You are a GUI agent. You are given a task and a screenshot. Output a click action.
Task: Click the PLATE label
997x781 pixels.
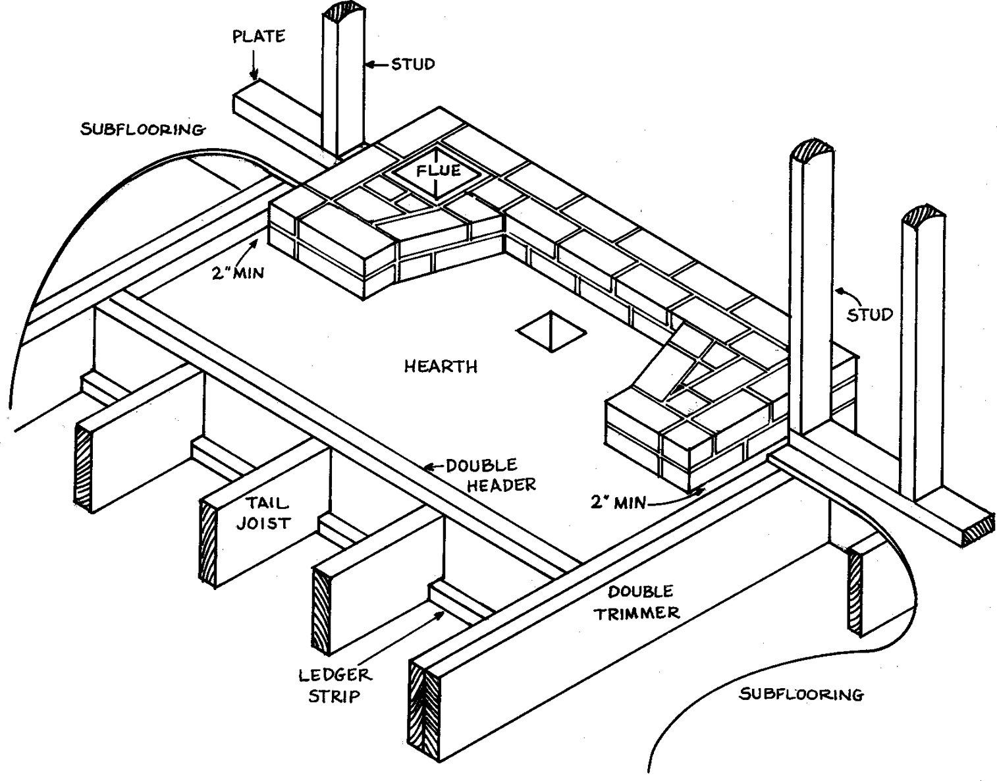point(259,36)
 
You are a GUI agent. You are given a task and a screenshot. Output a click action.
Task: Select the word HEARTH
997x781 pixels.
point(441,366)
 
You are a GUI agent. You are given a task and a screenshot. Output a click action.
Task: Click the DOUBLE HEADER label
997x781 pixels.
point(491,475)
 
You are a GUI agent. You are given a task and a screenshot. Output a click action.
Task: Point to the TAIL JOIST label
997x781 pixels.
point(267,514)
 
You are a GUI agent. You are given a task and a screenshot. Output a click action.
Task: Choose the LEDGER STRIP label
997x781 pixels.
point(335,685)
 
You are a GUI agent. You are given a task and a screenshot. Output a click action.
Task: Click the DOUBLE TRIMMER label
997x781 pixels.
point(636,601)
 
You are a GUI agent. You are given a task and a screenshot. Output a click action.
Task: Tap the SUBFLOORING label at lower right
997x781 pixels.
point(801,694)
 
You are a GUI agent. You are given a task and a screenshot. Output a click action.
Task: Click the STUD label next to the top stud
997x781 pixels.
point(413,65)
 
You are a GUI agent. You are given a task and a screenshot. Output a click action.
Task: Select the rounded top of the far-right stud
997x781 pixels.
point(924,218)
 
